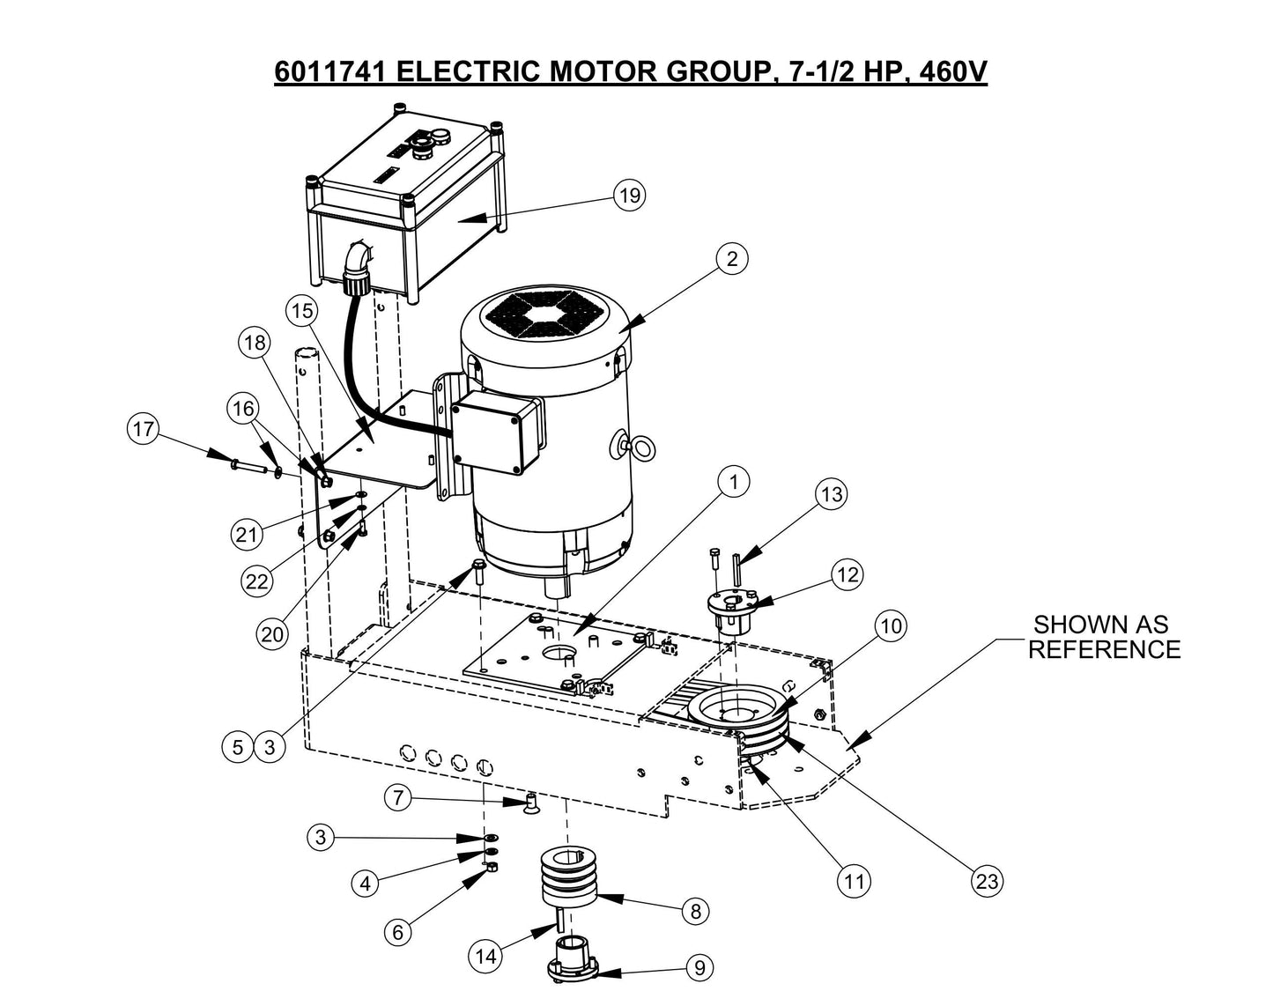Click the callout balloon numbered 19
(x=630, y=196)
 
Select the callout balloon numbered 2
(x=732, y=259)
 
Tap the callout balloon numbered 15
(x=301, y=311)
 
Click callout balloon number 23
(x=988, y=880)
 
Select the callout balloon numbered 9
(x=699, y=968)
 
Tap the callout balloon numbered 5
(x=238, y=748)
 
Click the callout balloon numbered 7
(x=398, y=798)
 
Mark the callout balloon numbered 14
(x=488, y=956)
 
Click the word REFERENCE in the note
(x=1104, y=650)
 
